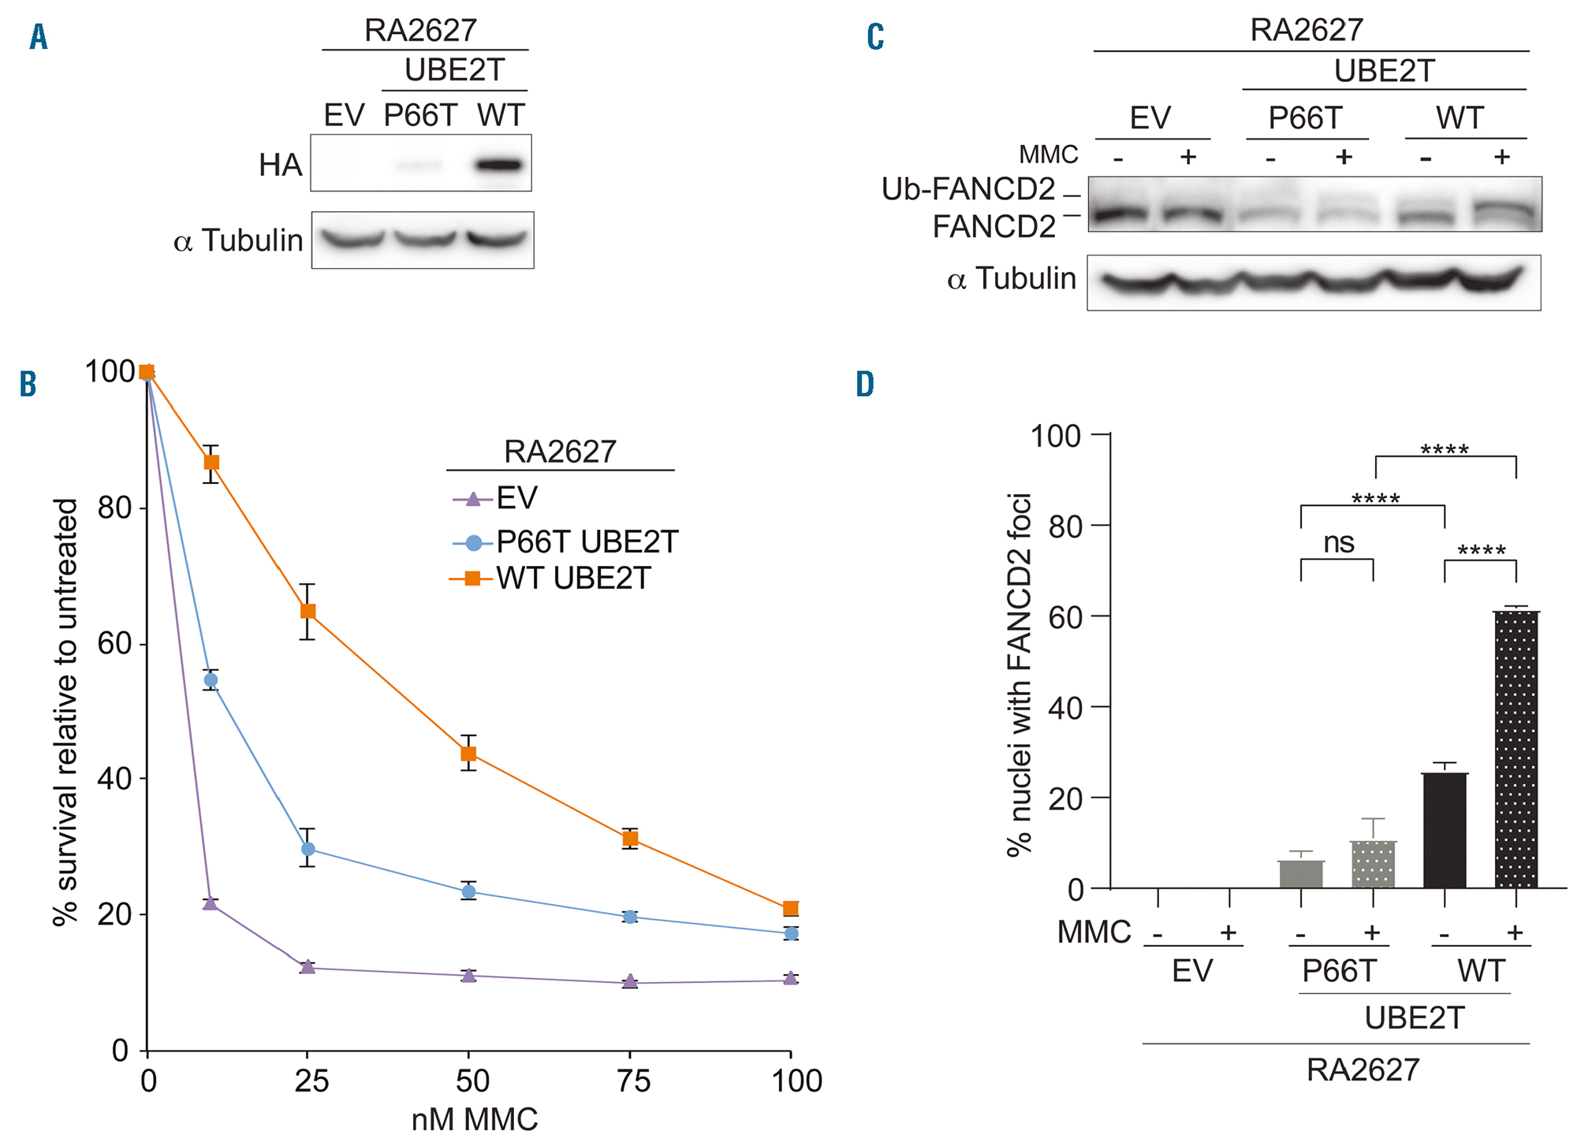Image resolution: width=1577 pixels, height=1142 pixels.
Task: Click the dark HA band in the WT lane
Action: [x=500, y=166]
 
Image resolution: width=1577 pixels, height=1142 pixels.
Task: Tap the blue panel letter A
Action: [x=38, y=37]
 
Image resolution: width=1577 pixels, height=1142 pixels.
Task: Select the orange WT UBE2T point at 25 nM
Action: [x=308, y=612]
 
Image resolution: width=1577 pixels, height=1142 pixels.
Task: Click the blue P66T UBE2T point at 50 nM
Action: [x=469, y=891]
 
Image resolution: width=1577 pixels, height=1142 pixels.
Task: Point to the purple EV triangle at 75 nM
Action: [x=630, y=982]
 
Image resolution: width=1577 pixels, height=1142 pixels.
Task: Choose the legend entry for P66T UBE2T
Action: [x=586, y=542]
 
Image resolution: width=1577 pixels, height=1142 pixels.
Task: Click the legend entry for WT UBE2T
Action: [x=572, y=579]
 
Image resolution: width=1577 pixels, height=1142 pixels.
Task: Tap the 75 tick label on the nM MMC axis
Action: [x=632, y=1081]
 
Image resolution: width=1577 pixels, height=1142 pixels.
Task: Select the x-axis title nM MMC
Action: [x=475, y=1120]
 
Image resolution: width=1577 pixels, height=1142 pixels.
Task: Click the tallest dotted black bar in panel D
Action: [x=1515, y=749]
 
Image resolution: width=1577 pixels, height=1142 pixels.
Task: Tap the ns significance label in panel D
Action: [x=1338, y=543]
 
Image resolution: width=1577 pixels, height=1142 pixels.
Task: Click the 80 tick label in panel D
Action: [x=1065, y=526]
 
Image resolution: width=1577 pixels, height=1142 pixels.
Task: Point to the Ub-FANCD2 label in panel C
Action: [x=967, y=189]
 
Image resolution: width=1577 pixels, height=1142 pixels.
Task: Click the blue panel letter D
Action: [x=865, y=384]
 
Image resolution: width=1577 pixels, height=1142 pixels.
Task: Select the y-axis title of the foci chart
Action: [x=1020, y=675]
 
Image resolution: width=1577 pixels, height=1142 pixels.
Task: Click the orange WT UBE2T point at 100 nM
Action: [x=791, y=909]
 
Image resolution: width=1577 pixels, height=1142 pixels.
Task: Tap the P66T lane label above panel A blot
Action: [x=419, y=116]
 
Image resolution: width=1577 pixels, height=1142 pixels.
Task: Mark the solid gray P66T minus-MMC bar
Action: [x=1301, y=874]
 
